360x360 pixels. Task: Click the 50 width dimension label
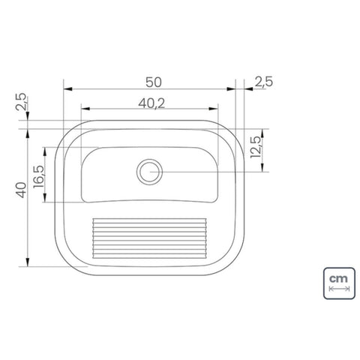point(154,82)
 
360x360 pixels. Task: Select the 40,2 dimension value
point(151,103)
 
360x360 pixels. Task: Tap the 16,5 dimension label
point(39,177)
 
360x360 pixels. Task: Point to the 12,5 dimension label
point(256,147)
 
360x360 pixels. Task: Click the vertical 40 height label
point(21,190)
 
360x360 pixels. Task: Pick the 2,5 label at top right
point(264,82)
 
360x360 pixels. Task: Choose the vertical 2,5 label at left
point(21,101)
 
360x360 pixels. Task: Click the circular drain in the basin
point(149,172)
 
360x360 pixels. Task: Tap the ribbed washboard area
point(150,238)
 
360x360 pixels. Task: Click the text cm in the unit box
point(338,278)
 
